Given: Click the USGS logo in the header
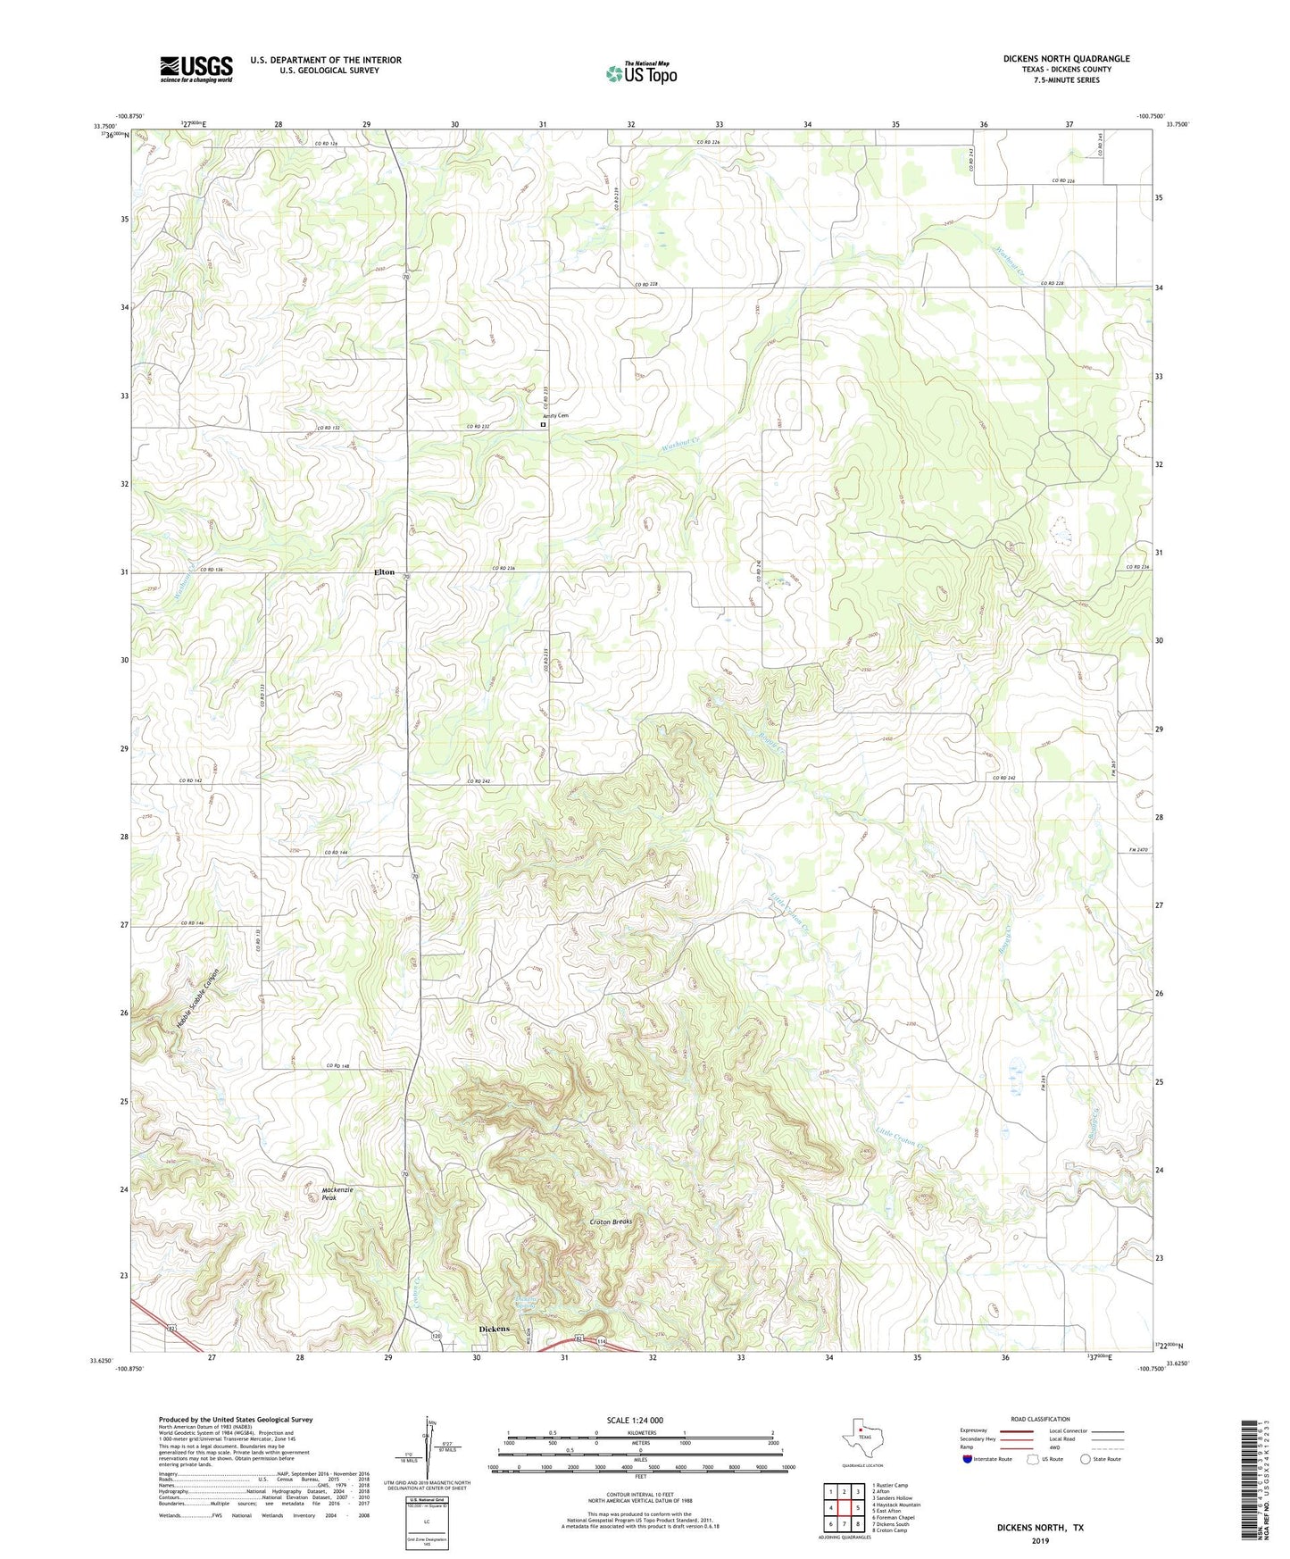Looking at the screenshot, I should coord(196,68).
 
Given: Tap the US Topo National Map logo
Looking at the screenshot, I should coord(641,73).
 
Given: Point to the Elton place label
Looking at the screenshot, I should coord(384,571).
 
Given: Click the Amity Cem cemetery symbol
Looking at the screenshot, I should coord(543,425).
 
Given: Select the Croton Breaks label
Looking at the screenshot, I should coord(611,1221).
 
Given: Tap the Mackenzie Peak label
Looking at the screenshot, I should coord(337,1195).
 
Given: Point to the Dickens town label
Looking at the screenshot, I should coord(494,1329).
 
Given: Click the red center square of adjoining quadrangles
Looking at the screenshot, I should coord(844,1508).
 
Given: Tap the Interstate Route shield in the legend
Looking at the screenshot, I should coord(968,1459).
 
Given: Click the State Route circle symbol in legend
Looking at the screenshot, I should coord(1086,1459).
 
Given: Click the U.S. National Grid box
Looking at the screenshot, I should coord(427,1516).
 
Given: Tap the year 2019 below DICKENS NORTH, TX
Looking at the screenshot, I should coord(1039,1540).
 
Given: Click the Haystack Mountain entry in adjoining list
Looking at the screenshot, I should coord(896,1505).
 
